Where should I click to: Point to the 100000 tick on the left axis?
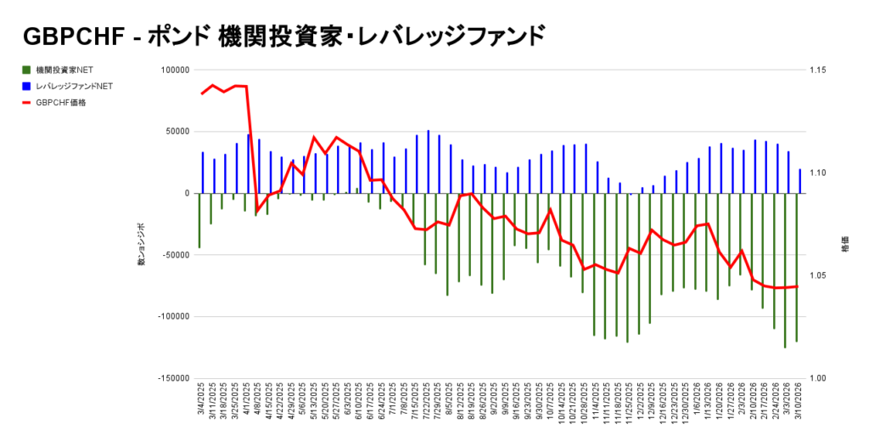[x=175, y=71]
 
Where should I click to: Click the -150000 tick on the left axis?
[x=173, y=378]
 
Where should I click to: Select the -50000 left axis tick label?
[x=175, y=255]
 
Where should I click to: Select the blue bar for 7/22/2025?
[x=428, y=161]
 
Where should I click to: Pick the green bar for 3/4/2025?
[x=199, y=220]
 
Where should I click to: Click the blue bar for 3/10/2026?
[x=799, y=181]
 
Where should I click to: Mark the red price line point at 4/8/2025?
[x=257, y=209]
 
